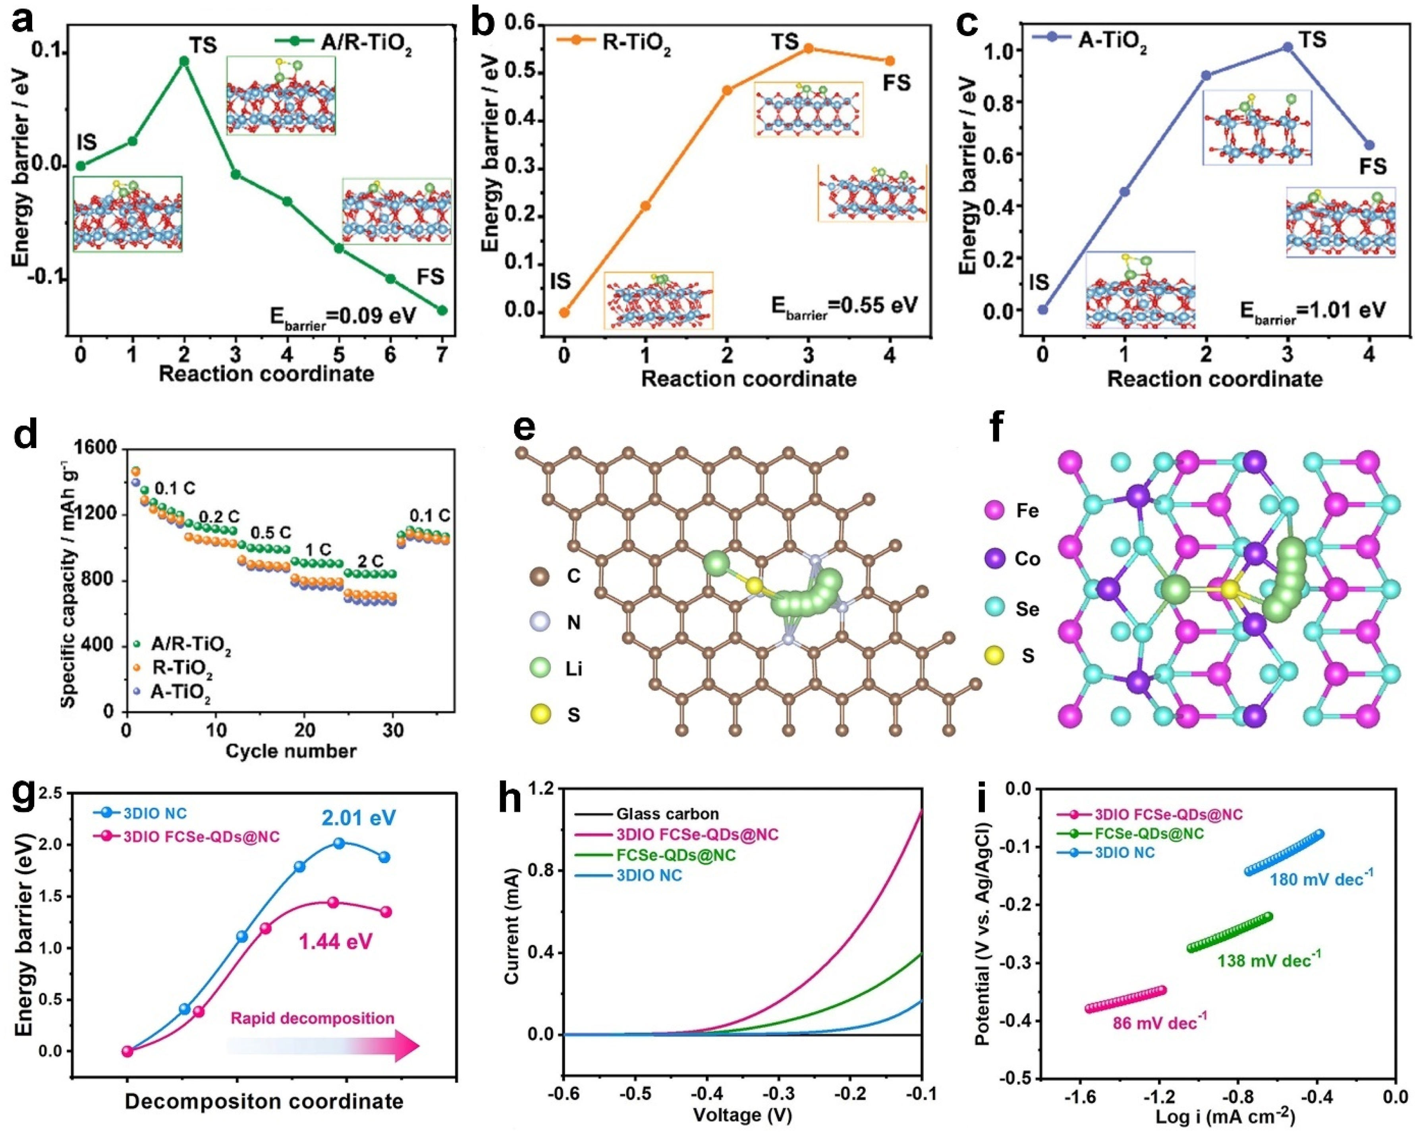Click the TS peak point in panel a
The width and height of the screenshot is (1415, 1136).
pos(184,61)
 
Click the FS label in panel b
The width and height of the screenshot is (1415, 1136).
pos(896,83)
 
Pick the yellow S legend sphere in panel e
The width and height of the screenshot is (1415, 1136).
pos(539,715)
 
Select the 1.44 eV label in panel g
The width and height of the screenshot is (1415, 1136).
pos(335,942)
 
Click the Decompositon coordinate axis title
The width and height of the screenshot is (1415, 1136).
pos(264,1101)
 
